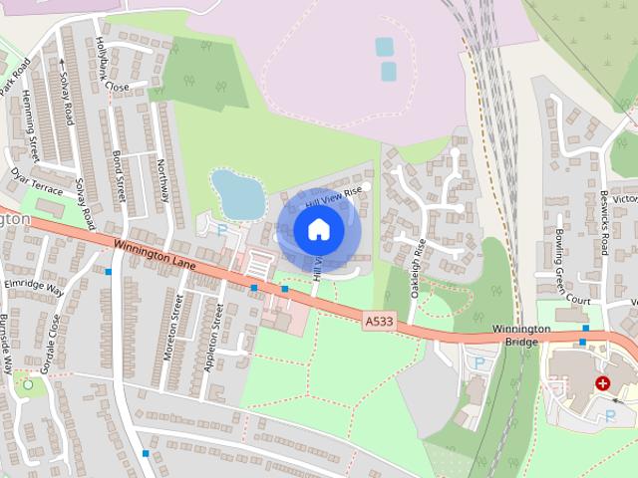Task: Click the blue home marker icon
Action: pos(318,230)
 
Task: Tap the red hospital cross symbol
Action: pos(602,383)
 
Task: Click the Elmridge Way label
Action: pos(33,288)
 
